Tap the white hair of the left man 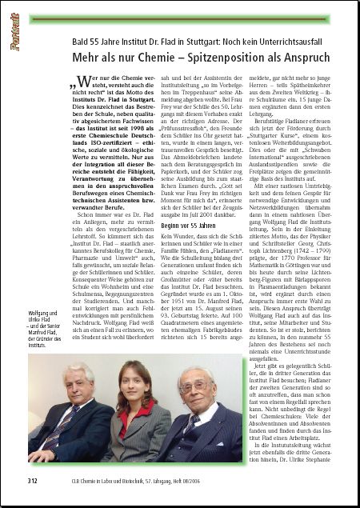click(x=78, y=370)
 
